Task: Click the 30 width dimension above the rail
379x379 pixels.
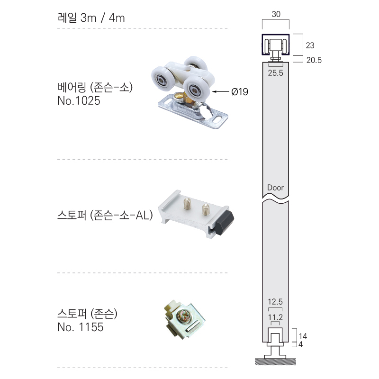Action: (276, 14)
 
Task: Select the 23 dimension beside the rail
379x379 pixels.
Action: (310, 45)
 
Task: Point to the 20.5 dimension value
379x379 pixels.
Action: (314, 60)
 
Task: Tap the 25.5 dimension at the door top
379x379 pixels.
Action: (275, 73)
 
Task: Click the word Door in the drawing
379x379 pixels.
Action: (275, 188)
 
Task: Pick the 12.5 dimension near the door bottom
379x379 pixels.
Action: (275, 302)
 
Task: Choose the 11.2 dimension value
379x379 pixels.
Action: (275, 317)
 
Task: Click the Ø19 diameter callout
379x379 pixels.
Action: (240, 92)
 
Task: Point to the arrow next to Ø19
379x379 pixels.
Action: (221, 91)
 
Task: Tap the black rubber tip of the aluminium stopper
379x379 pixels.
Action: (225, 223)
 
